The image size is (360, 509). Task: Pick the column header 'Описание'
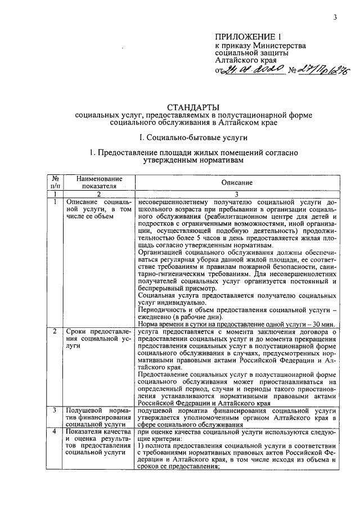(237, 183)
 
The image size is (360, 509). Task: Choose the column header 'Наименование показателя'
(98, 182)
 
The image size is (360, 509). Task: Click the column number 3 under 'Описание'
(237, 193)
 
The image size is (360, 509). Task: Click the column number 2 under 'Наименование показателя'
(98, 193)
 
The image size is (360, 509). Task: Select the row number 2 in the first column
(54, 332)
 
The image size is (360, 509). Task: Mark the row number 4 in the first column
(54, 431)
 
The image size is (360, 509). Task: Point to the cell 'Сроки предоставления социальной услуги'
(98, 339)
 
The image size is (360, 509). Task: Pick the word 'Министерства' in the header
(280, 46)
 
